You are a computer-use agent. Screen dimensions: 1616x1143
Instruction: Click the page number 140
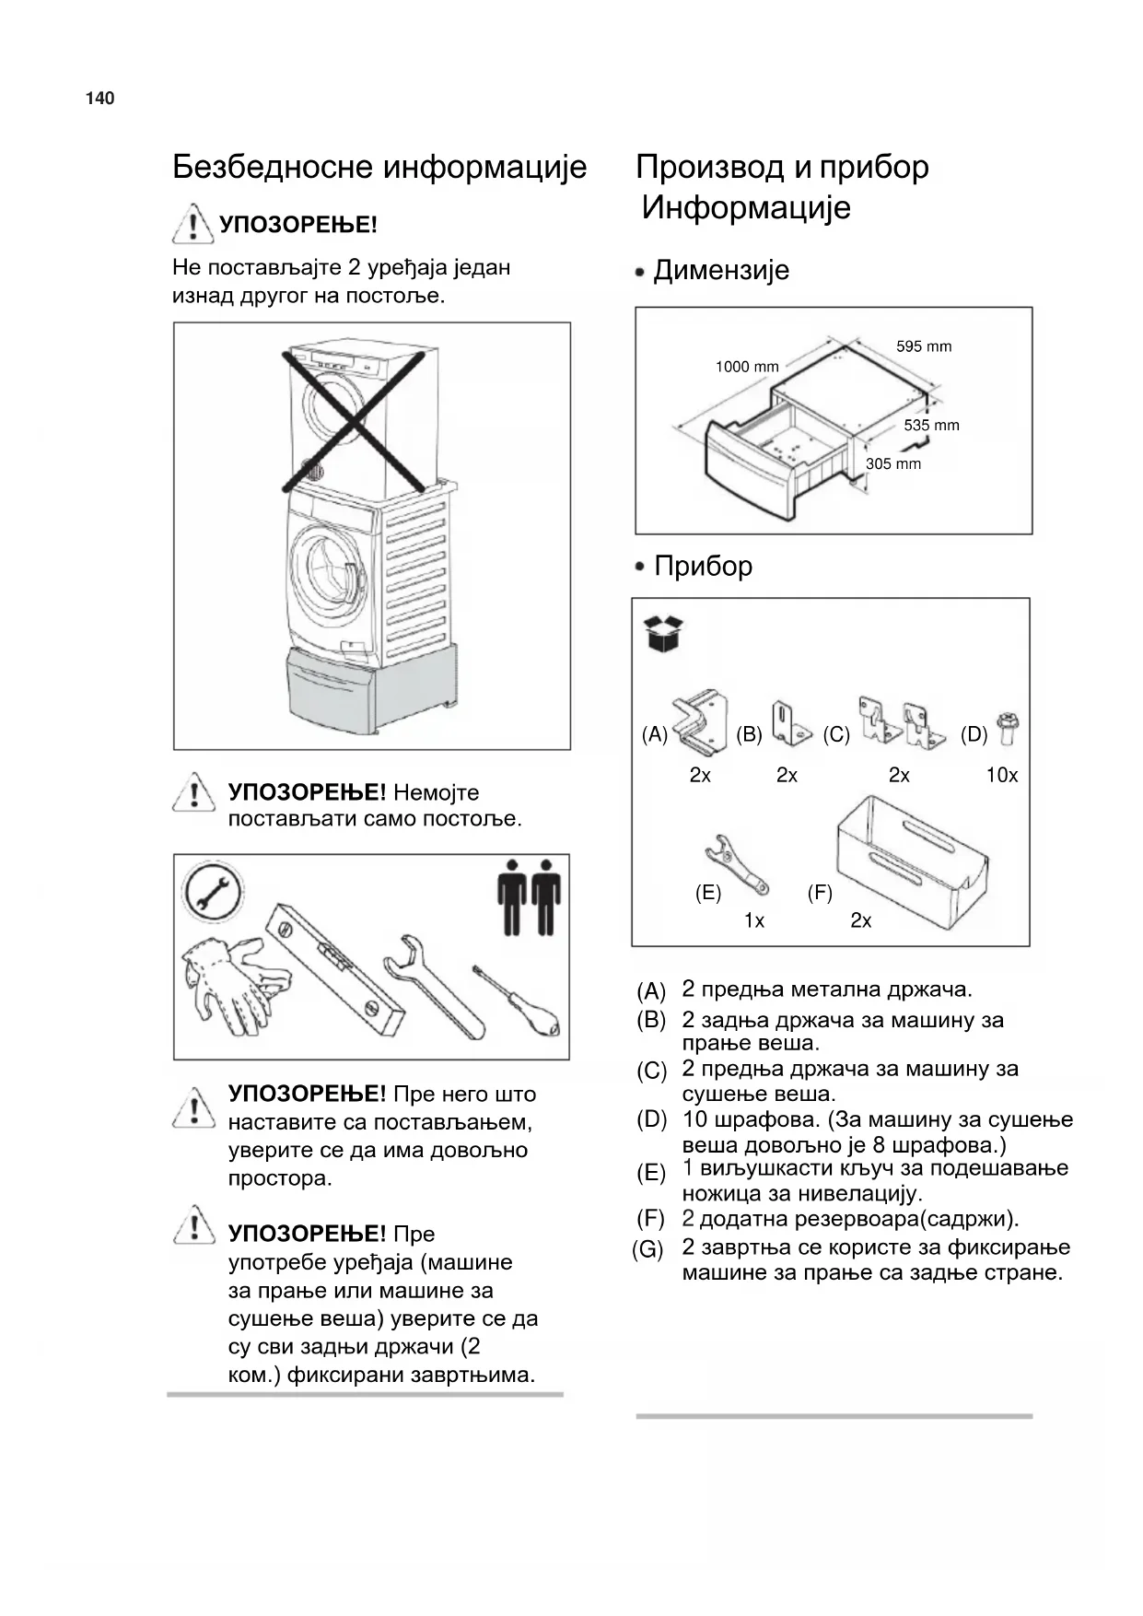pyautogui.click(x=99, y=99)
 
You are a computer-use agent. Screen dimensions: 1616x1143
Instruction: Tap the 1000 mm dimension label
pyautogui.click(x=747, y=367)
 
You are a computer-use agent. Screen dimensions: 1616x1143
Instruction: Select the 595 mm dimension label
pyautogui.click(x=924, y=346)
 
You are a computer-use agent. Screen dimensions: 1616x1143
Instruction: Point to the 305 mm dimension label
pyautogui.click(x=892, y=463)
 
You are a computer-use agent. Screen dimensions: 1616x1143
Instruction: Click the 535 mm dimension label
pyautogui.click(x=931, y=425)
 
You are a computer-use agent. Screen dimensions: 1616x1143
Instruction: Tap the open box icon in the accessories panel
pyautogui.click(x=665, y=634)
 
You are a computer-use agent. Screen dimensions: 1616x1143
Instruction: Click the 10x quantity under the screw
pyautogui.click(x=1001, y=776)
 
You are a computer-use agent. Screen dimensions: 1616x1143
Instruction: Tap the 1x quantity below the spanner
pyautogui.click(x=754, y=920)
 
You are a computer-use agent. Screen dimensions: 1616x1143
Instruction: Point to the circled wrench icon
pyautogui.click(x=214, y=893)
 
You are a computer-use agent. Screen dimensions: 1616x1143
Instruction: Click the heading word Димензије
pyautogui.click(x=721, y=271)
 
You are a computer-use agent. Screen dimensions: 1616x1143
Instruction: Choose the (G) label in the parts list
pyautogui.click(x=648, y=1250)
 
